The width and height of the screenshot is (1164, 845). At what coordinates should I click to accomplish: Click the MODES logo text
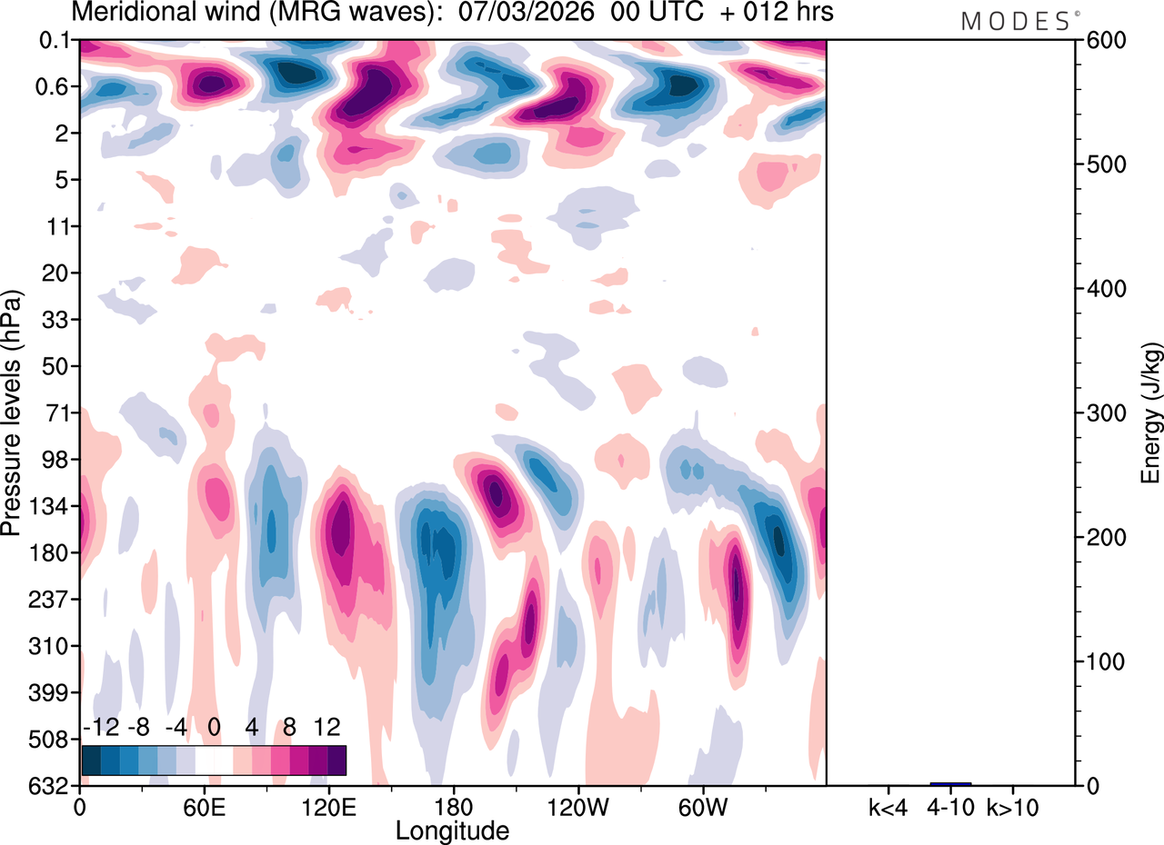(1015, 21)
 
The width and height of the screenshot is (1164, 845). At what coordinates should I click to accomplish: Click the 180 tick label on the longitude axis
(453, 806)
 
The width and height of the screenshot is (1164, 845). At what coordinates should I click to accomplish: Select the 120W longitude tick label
(578, 806)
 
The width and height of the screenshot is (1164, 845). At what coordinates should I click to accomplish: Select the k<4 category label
(888, 806)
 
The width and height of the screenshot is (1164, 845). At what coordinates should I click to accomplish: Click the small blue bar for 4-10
(950, 783)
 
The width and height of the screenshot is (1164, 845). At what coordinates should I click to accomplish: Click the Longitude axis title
(452, 830)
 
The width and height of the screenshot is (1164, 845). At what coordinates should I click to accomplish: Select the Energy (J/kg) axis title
(1152, 413)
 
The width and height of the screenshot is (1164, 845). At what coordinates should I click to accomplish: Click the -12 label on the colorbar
(100, 728)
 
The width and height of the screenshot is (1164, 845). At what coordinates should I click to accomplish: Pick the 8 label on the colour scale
(290, 728)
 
